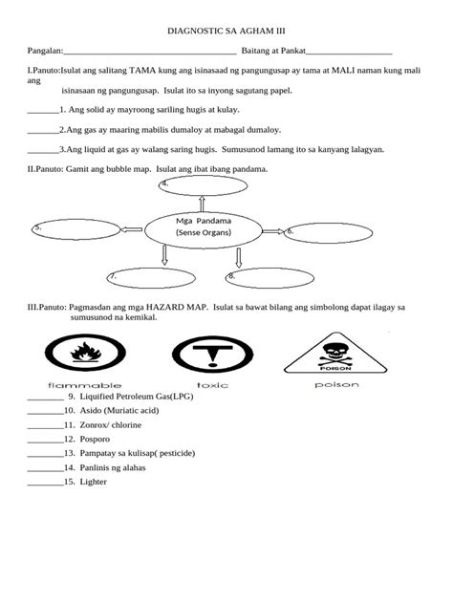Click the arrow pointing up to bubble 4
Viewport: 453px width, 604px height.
click(202, 203)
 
